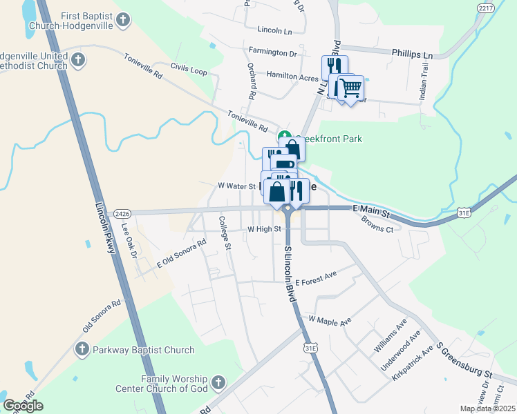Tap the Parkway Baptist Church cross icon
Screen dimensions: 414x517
coord(82,350)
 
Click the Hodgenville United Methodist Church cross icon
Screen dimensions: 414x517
coord(77,59)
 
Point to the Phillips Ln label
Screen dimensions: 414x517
coord(411,54)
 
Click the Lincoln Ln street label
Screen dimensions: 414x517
coord(274,31)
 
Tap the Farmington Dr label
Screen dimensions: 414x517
coord(272,52)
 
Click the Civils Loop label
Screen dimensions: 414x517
coord(189,70)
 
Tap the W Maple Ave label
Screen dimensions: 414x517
coord(330,320)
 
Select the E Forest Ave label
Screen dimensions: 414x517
coord(316,279)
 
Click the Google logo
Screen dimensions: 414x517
coord(23,406)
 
